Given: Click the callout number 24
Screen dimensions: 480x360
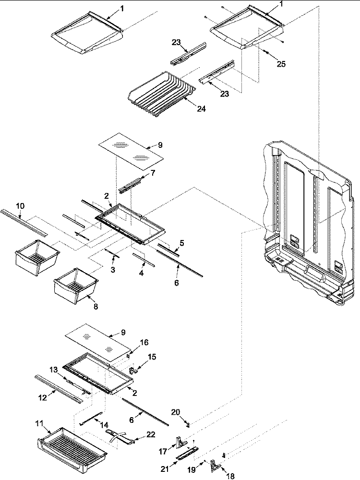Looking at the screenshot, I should [x=201, y=109].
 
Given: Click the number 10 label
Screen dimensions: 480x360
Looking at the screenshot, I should [x=20, y=206].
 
